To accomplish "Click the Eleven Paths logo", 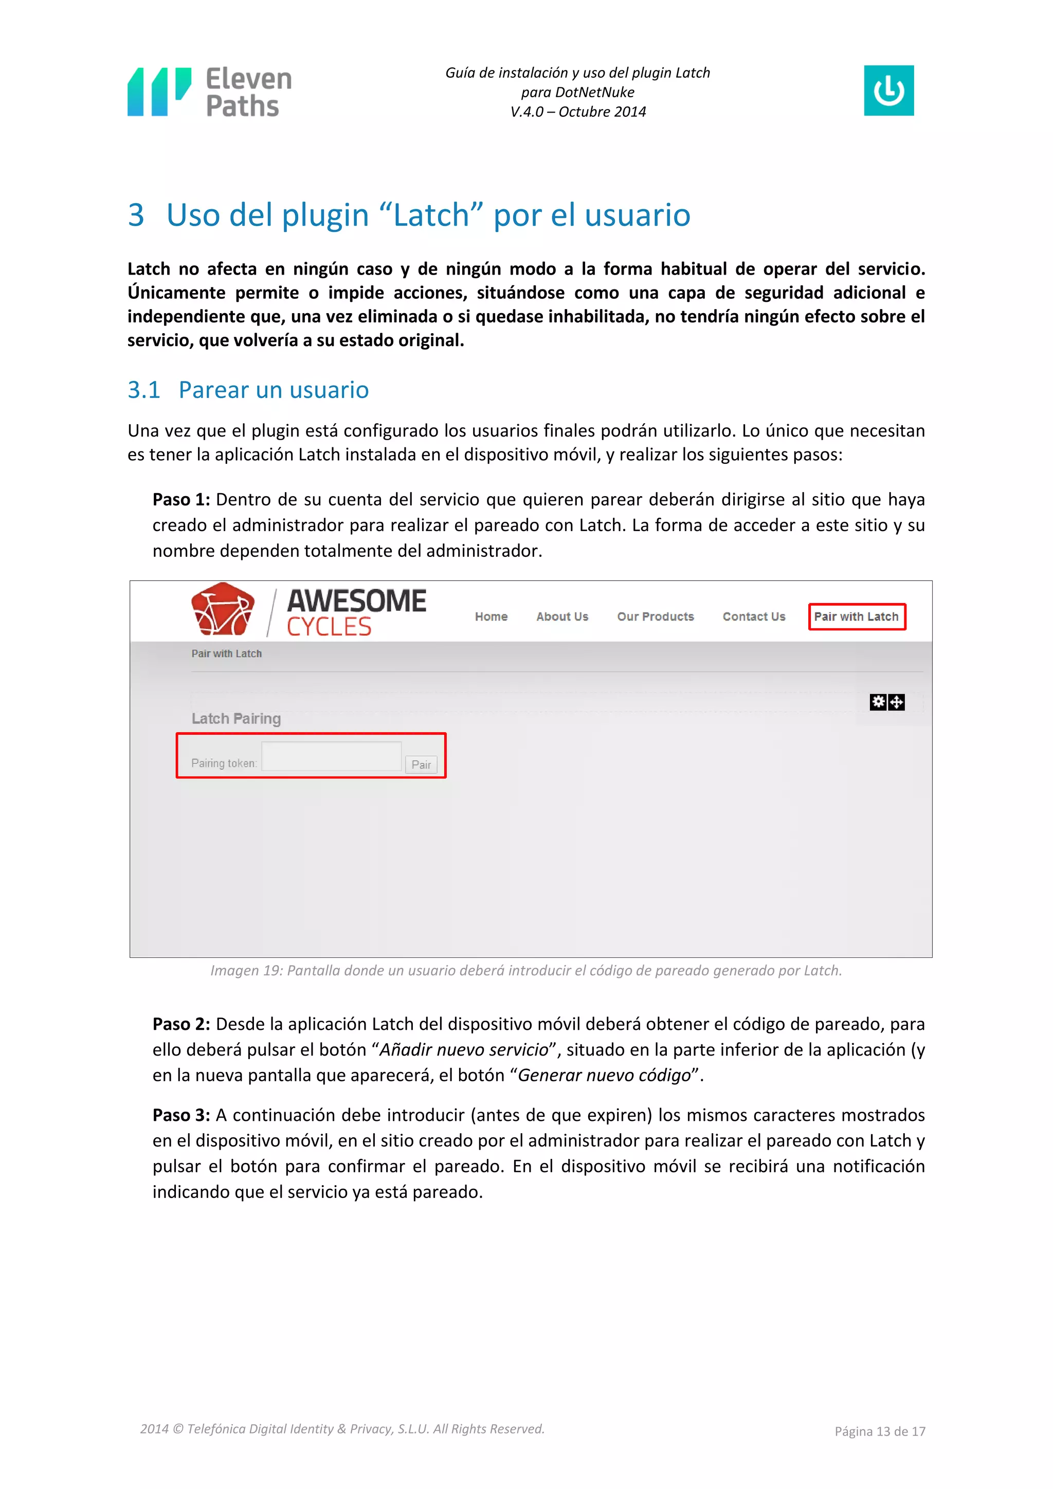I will point(209,92).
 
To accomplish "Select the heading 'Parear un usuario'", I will point(273,390).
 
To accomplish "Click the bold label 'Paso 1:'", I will point(181,499).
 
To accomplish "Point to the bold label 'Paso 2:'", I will point(181,1024).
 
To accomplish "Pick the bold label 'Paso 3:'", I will point(181,1115).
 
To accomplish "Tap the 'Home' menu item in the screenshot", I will point(491,617).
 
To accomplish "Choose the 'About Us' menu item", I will point(562,617).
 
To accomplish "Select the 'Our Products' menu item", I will point(655,617).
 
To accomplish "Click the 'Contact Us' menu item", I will point(753,617).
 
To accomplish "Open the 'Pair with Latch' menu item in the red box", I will point(856,617).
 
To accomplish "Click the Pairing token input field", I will point(331,756).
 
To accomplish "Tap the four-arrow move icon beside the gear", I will point(896,702).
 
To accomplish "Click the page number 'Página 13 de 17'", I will point(879,1431).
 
